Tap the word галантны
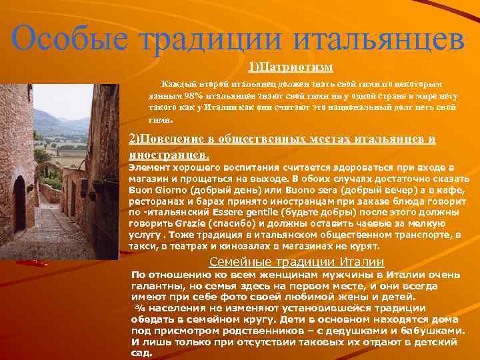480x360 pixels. point(158,285)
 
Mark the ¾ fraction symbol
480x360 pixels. point(140,308)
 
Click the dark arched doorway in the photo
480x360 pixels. point(20,203)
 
